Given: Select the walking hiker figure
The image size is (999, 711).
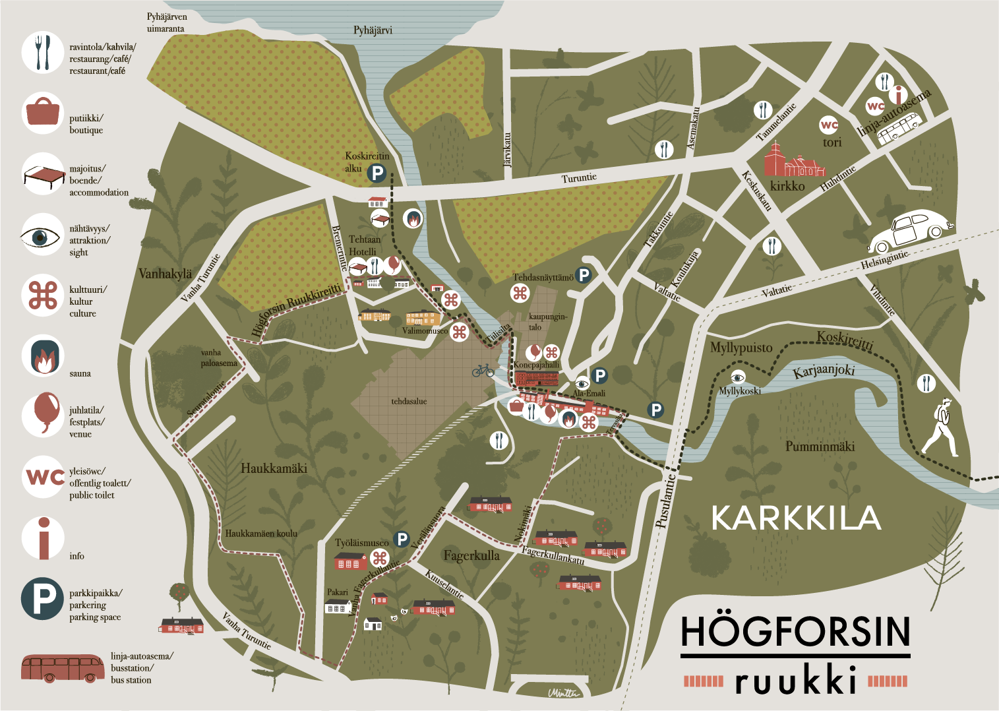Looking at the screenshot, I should tap(941, 428).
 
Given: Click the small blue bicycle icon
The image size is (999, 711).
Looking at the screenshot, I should tap(483, 371).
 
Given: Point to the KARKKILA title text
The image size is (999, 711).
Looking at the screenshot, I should tap(796, 518).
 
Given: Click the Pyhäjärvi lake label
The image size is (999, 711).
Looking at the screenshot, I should tap(373, 30).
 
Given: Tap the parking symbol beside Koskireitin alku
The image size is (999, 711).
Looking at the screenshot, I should tap(377, 173).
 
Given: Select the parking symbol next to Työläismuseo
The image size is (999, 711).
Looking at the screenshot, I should tap(402, 539).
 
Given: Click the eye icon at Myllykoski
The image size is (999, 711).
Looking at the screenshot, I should tap(738, 377).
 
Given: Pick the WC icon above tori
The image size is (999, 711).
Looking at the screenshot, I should tap(829, 125).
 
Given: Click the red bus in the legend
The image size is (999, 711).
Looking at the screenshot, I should tap(63, 668).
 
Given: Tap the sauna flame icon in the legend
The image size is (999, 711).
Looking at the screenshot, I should tap(43, 356).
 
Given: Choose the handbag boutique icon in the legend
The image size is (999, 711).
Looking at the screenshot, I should tap(43, 112).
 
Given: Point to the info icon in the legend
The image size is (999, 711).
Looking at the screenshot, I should tap(44, 538).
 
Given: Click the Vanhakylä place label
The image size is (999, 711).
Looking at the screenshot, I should tap(165, 274).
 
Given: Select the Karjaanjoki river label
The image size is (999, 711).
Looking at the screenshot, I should tap(824, 371).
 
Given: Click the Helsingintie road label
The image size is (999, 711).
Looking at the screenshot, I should tap(885, 260).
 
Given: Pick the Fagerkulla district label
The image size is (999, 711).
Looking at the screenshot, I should tap(471, 556).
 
